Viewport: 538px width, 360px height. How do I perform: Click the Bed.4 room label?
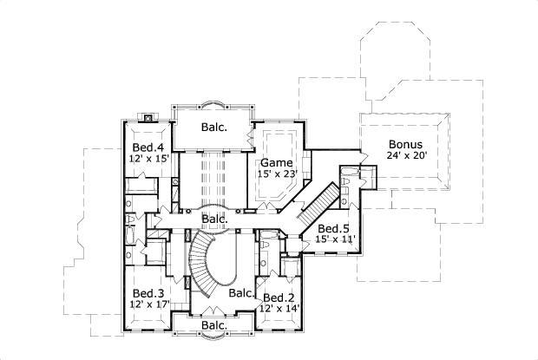(148, 147)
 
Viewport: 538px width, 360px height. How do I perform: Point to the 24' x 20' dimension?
(406, 156)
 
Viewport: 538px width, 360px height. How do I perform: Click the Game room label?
(276, 162)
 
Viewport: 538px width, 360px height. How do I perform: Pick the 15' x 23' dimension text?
(276, 173)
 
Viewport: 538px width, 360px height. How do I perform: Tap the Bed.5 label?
(332, 227)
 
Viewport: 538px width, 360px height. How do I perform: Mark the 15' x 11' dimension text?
(335, 239)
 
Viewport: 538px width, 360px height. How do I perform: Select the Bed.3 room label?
(148, 293)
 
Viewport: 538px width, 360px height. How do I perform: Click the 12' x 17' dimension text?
(148, 304)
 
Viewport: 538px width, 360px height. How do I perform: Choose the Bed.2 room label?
(278, 296)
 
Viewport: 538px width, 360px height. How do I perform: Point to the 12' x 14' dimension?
(279, 307)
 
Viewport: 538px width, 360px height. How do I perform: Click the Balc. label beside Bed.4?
(213, 127)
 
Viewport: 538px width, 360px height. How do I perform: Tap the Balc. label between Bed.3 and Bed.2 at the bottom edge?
(213, 325)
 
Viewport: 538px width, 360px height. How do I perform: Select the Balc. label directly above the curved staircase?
(215, 219)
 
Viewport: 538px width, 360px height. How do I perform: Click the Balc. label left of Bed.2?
(240, 293)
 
